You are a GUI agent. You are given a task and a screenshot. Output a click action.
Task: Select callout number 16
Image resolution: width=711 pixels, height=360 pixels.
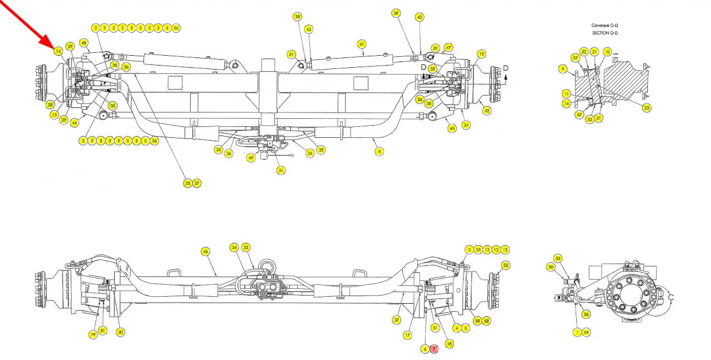[x=58, y=51]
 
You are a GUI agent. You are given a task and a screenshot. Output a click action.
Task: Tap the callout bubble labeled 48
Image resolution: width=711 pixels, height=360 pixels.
[x=84, y=43]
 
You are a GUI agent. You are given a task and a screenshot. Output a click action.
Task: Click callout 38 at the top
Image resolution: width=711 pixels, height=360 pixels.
[x=297, y=17]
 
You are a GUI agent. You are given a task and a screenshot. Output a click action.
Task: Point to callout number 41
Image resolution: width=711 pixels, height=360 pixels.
[x=362, y=44]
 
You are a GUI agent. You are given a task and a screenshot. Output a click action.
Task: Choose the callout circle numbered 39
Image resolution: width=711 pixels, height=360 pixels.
[x=396, y=13]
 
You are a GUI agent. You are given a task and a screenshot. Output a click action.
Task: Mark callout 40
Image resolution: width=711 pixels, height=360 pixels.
[x=419, y=17]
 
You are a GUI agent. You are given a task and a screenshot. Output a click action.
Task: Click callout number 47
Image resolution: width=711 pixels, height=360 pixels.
[x=448, y=47]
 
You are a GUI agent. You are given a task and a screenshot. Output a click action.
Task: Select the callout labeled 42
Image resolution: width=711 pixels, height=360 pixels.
[x=487, y=110]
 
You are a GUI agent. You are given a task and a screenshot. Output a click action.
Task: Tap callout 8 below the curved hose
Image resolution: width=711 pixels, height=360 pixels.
[x=379, y=152]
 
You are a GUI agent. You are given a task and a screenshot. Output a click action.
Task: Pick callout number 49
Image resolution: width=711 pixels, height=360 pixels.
[x=251, y=158]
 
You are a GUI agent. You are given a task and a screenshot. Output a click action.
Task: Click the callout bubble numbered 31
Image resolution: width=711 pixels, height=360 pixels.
[x=281, y=170]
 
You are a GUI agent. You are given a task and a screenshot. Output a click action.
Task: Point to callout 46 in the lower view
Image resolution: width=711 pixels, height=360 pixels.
[x=205, y=251]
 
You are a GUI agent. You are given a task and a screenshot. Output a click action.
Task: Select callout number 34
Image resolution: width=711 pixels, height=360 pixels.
[x=234, y=247]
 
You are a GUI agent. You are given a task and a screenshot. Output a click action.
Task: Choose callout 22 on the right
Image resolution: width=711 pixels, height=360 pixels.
[x=506, y=265]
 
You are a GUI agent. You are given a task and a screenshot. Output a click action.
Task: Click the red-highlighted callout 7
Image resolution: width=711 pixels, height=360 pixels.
[x=434, y=349]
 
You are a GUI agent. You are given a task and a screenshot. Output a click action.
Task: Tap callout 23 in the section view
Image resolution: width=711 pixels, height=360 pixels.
[x=647, y=107]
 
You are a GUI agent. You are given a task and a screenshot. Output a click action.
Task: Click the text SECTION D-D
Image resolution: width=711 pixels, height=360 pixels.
[x=605, y=33]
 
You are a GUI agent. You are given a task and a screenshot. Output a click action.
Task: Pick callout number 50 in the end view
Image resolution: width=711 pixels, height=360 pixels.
[x=558, y=259]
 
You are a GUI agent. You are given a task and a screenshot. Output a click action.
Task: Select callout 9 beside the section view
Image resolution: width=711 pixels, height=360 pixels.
[x=563, y=69]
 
